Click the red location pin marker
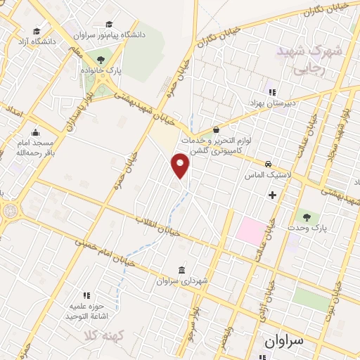point(181,167)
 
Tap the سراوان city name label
point(285,342)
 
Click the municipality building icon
point(183,271)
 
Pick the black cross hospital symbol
point(273,194)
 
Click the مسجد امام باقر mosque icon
point(35,131)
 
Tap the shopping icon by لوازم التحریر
point(216,131)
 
